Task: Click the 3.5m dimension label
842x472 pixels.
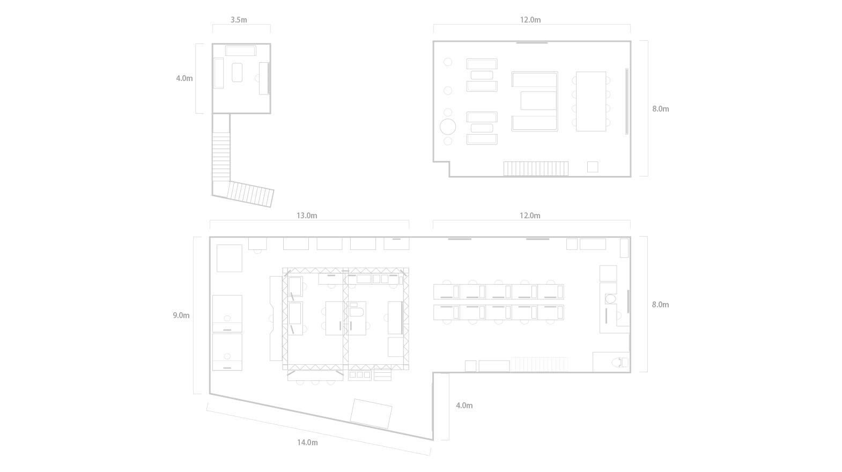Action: click(239, 19)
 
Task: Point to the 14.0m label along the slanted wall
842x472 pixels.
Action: click(307, 442)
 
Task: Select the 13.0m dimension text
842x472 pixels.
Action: click(307, 215)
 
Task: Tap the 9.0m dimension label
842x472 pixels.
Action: click(181, 315)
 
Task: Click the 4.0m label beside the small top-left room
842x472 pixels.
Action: click(184, 78)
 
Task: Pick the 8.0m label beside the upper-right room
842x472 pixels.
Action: click(660, 108)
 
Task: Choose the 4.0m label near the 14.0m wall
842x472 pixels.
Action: click(464, 405)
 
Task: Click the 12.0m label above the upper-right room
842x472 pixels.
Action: click(530, 19)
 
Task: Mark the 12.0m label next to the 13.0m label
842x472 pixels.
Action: click(530, 215)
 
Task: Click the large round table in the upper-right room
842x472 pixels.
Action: click(448, 127)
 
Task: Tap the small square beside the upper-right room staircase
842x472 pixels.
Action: click(593, 166)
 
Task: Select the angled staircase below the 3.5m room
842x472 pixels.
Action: click(250, 194)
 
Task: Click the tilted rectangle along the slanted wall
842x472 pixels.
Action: click(371, 414)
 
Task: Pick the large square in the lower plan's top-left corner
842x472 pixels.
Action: click(230, 258)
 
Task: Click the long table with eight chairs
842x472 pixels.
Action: click(591, 101)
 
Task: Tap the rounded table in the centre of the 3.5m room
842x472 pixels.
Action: click(237, 72)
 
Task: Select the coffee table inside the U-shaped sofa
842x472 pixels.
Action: click(538, 100)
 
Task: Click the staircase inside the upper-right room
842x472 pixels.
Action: click(536, 169)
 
